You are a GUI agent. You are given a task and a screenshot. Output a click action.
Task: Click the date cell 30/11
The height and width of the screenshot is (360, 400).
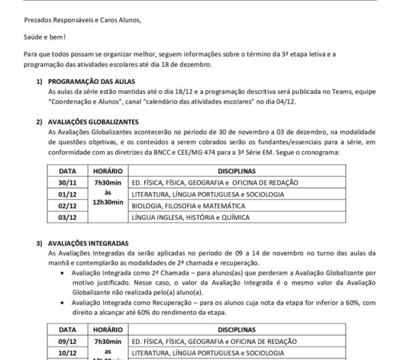pyautogui.click(x=67, y=182)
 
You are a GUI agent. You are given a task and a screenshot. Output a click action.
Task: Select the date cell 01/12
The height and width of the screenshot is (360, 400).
pyautogui.click(x=67, y=194)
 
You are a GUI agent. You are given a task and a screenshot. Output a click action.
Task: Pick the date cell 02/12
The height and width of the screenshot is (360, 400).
pyautogui.click(x=67, y=206)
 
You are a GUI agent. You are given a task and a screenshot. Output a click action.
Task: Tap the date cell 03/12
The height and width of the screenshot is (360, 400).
pyautogui.click(x=67, y=218)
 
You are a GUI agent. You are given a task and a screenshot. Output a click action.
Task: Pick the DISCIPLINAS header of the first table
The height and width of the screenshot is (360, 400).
pyautogui.click(x=237, y=171)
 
